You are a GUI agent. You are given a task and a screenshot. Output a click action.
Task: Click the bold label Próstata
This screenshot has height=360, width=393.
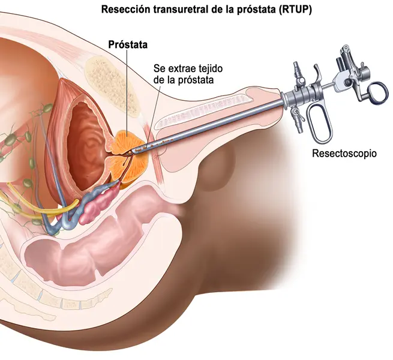pyautogui.click(x=128, y=44)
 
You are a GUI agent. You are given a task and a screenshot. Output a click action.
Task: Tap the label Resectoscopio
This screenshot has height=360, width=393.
pyautogui.click(x=344, y=153)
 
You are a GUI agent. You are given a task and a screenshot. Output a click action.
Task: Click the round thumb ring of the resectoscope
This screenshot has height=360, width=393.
pyautogui.click(x=378, y=92)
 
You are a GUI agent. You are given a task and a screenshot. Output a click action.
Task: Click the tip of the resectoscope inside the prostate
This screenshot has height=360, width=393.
pyautogui.click(x=128, y=152)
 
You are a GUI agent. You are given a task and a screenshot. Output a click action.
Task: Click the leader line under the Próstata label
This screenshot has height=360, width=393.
pyautogui.click(x=127, y=93)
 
